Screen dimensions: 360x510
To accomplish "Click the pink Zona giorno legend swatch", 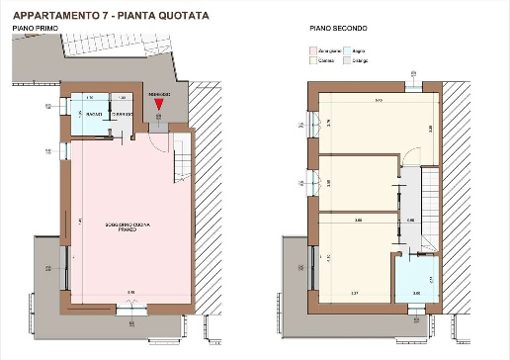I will (x=311, y=47).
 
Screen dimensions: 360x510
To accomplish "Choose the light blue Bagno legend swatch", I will (x=347, y=47).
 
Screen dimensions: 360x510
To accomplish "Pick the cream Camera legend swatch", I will (x=311, y=59).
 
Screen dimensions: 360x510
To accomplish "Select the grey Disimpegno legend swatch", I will (x=347, y=59).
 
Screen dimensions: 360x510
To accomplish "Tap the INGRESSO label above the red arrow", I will (x=159, y=93).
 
